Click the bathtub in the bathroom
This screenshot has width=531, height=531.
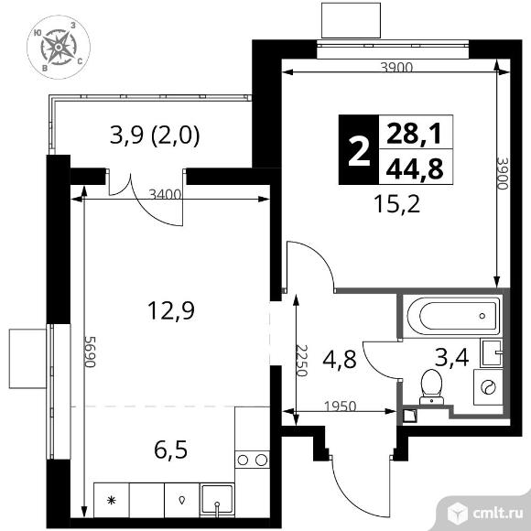coord(450,316)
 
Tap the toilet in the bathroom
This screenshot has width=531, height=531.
coord(428,384)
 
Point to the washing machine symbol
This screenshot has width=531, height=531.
coord(488,386)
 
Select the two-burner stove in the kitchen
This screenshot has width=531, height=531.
coord(252,459)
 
